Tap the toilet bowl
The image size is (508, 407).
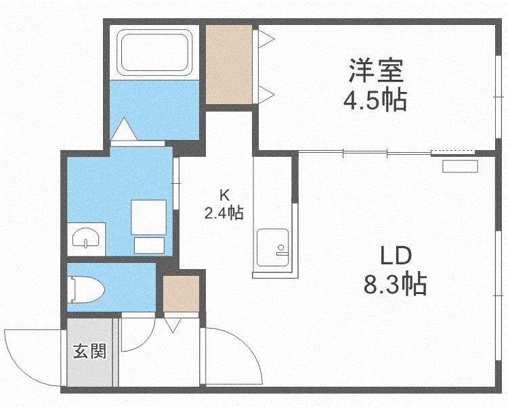click(85, 289)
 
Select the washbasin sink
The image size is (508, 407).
click(85, 238)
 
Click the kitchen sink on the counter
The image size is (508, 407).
click(272, 247)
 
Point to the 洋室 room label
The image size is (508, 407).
click(376, 70)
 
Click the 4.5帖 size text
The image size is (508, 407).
click(375, 100)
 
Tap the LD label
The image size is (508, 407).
click(396, 256)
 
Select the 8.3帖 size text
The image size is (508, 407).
click(395, 285)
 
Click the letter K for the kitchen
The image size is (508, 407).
click(224, 195)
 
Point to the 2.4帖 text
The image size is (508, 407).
click(224, 213)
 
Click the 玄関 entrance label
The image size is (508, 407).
click(89, 351)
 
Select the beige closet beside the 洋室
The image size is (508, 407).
click(229, 65)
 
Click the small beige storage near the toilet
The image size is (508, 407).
click(181, 293)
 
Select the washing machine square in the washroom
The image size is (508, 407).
click(149, 217)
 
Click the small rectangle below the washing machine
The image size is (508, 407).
click(150, 245)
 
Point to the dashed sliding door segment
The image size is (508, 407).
click(453, 151)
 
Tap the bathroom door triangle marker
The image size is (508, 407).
click(123, 129)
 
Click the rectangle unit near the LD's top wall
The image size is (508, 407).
click(460, 166)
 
